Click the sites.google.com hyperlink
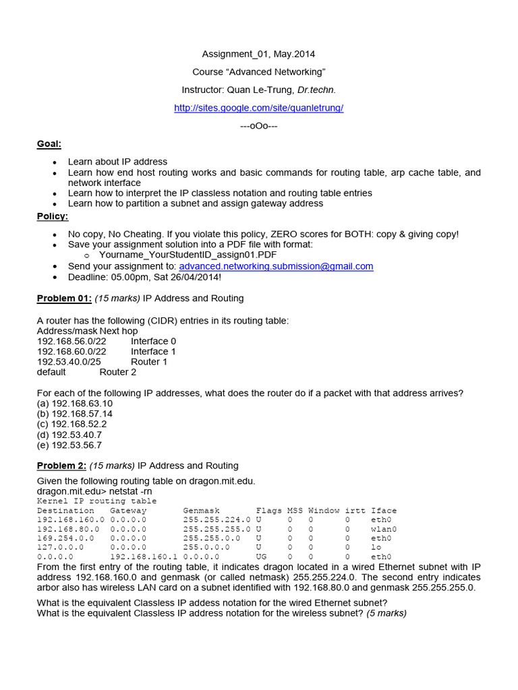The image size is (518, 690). pos(259,108)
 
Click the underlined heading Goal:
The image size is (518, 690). pos(49,144)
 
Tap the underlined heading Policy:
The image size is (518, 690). pos(52,216)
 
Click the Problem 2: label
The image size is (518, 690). pos(61,466)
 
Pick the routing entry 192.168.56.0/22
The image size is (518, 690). pos(71,341)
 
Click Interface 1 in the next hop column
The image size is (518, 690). pos(153,351)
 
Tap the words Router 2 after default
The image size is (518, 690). pos(118,372)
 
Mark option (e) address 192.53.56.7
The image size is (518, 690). pos(76,445)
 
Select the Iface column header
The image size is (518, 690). pos(384,511)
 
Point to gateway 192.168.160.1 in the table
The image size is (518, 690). pos(144,557)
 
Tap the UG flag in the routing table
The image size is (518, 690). pos(262,557)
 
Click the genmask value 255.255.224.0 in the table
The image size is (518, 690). pos(217,520)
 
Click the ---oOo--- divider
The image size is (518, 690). pos(259,126)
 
